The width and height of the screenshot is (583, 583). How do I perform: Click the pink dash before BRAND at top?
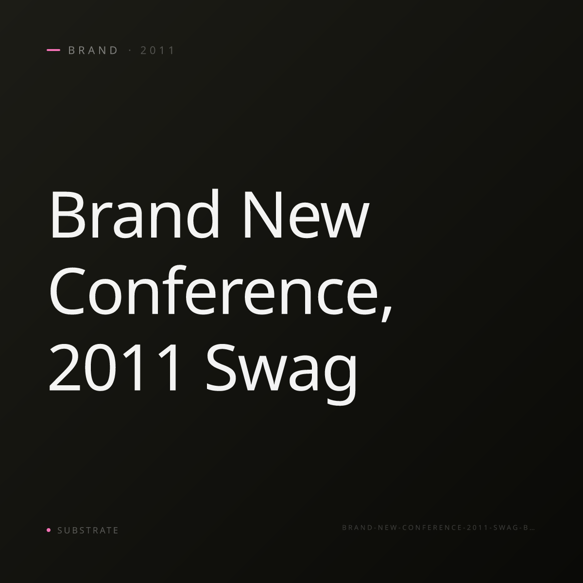53,50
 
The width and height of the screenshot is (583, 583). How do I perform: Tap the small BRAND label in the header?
93,51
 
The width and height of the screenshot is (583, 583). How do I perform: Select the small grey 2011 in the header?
157,51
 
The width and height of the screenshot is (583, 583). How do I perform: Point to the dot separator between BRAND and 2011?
130,51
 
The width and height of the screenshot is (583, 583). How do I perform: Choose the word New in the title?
307,215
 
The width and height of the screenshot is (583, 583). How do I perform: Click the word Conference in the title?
214,290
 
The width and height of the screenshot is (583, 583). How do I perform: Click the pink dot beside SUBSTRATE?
49,530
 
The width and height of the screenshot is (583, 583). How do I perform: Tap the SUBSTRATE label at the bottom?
88,531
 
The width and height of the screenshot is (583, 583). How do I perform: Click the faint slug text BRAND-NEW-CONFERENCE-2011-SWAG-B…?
438,528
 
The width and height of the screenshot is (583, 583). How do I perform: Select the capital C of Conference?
67,291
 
